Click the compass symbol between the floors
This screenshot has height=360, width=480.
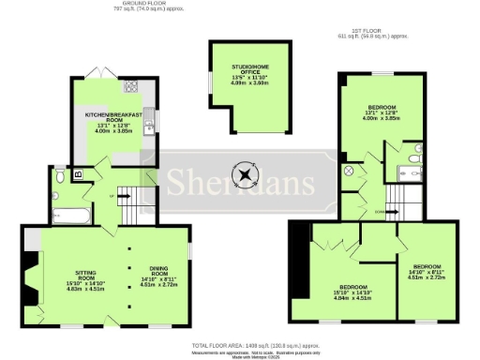[246, 174]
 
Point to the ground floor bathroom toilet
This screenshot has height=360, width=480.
[60, 174]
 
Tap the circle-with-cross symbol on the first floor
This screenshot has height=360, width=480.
[348, 172]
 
